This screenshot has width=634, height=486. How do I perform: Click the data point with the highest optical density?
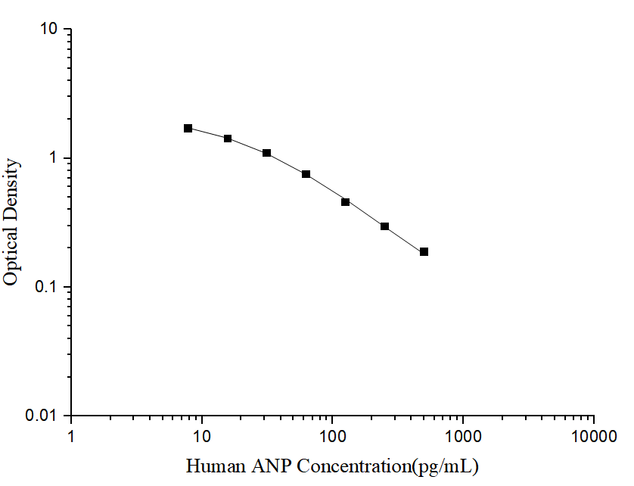(188, 129)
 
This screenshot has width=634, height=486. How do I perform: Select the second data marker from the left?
(228, 139)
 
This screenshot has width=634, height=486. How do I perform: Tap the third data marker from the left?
(267, 153)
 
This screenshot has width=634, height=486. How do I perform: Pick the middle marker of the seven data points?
(306, 174)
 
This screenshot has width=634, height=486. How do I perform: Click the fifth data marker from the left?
(346, 202)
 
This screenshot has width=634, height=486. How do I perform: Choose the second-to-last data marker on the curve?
(385, 226)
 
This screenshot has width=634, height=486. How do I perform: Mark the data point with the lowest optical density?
(424, 251)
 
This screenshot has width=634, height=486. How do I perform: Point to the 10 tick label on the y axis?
(51, 30)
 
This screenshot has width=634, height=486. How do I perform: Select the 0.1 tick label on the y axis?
(48, 288)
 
